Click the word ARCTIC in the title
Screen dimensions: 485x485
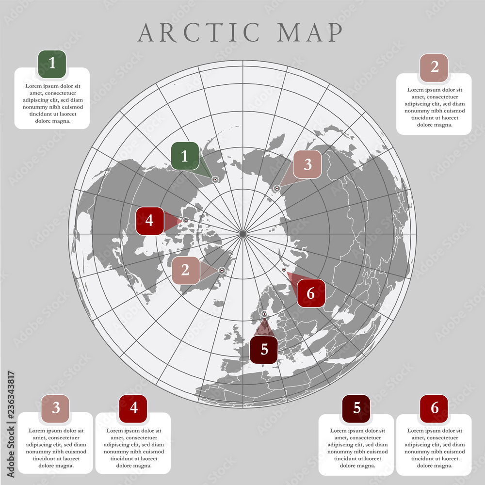pos(199,32)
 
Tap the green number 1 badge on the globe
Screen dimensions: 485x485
pos(185,156)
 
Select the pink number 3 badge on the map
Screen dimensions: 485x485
pos(307,164)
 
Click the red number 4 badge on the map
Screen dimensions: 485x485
pos(149,221)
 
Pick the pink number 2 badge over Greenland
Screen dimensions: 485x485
pos(185,270)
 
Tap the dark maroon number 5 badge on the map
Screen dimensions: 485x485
pos(264,349)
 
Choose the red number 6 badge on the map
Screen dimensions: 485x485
pos(311,293)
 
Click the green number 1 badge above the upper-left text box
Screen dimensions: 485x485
pos(52,64)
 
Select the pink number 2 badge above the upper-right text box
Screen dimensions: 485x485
pos(434,67)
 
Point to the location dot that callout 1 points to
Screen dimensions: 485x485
pos(215,179)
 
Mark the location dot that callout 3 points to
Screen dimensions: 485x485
pos(276,188)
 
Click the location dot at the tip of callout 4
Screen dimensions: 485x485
pos(185,221)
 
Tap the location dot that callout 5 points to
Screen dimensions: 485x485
pos(264,314)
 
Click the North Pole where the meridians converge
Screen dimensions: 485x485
pos(242,234)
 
